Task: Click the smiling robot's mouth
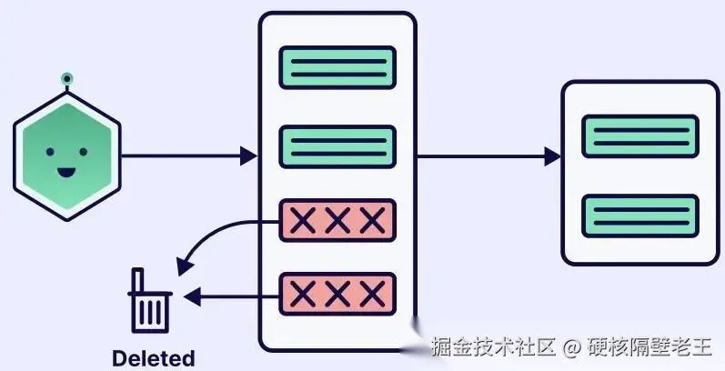coord(65,171)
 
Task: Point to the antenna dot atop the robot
coord(65,80)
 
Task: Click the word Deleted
coord(153,357)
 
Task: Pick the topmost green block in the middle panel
coord(337,67)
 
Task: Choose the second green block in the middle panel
coord(337,145)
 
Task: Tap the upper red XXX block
coord(337,220)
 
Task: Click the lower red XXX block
coord(337,294)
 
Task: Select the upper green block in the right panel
coord(639,137)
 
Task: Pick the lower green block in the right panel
coord(639,216)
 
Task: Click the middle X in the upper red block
coord(337,220)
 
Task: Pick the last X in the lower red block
coord(371,294)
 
